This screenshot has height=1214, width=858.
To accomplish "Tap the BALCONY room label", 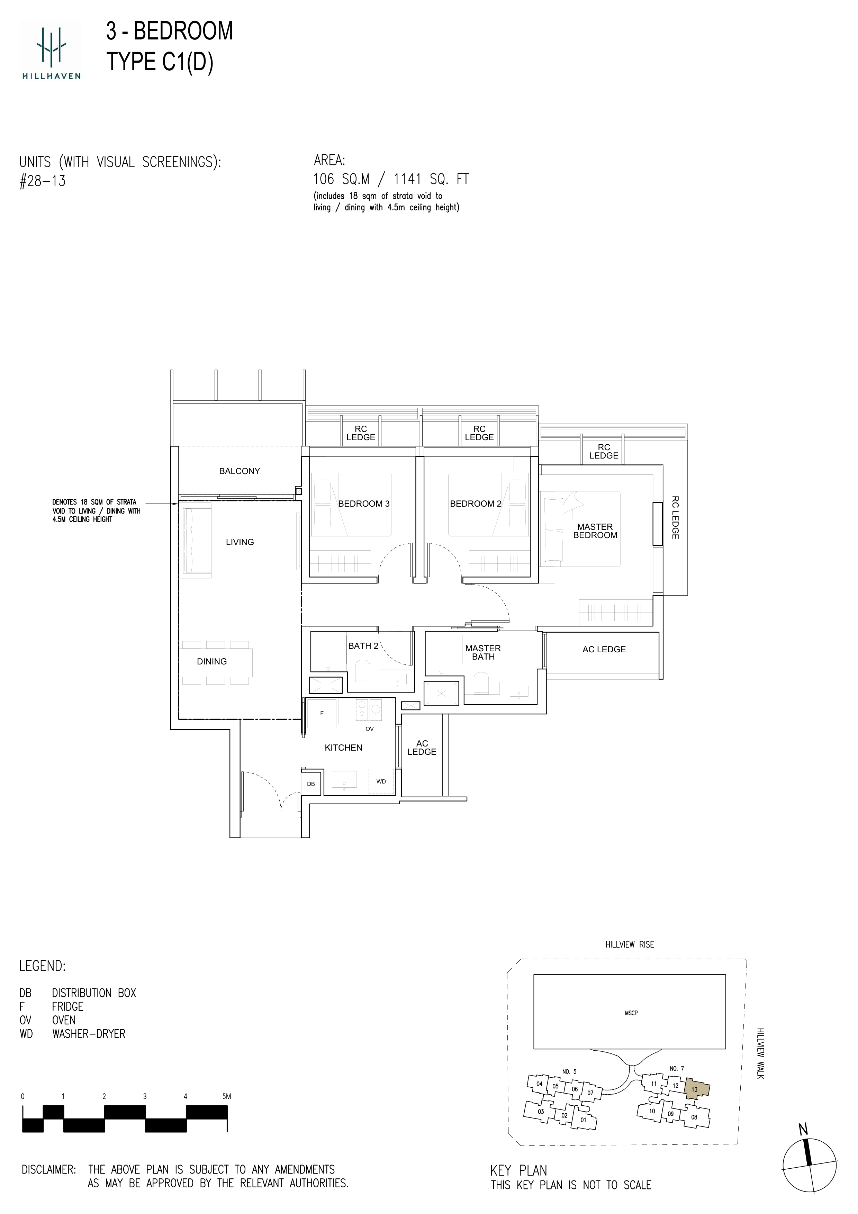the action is (240, 471).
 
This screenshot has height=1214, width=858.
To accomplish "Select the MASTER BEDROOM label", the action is (595, 531).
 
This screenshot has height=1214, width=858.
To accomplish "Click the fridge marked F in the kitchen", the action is (322, 713).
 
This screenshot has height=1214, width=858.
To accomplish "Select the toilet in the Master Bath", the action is (481, 682).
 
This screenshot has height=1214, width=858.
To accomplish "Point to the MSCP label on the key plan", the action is (631, 1013).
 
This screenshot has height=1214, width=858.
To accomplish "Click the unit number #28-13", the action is (42, 181).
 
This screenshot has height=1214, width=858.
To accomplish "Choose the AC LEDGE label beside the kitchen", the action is (422, 748).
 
